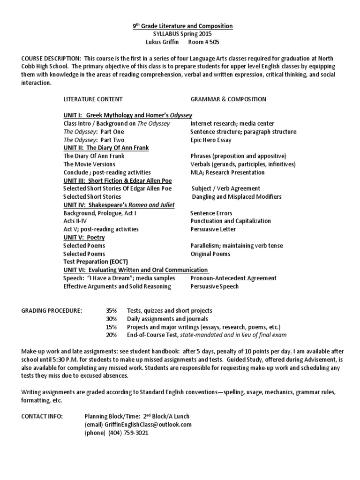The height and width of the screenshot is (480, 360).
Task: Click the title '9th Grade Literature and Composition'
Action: tap(180, 26)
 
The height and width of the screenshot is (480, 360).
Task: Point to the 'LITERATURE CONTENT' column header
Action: tap(93, 99)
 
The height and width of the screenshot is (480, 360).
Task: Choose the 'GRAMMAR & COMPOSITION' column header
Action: tap(228, 99)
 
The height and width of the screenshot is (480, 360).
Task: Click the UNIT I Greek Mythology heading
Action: tap(127, 115)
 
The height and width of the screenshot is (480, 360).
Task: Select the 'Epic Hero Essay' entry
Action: tap(210, 140)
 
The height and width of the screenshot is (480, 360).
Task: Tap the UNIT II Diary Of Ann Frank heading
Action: tap(106, 148)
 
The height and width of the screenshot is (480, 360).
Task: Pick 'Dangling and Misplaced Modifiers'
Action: tap(237, 196)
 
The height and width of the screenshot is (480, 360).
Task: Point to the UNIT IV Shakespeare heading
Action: tap(119, 205)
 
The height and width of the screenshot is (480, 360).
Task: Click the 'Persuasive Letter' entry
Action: tap(213, 229)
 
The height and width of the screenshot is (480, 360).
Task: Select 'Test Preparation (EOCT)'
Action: tap(96, 262)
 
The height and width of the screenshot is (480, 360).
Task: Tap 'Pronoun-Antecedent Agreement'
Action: tap(233, 278)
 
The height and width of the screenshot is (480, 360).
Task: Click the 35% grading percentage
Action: tap(111, 310)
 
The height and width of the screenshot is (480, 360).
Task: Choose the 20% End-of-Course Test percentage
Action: tap(111, 335)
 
